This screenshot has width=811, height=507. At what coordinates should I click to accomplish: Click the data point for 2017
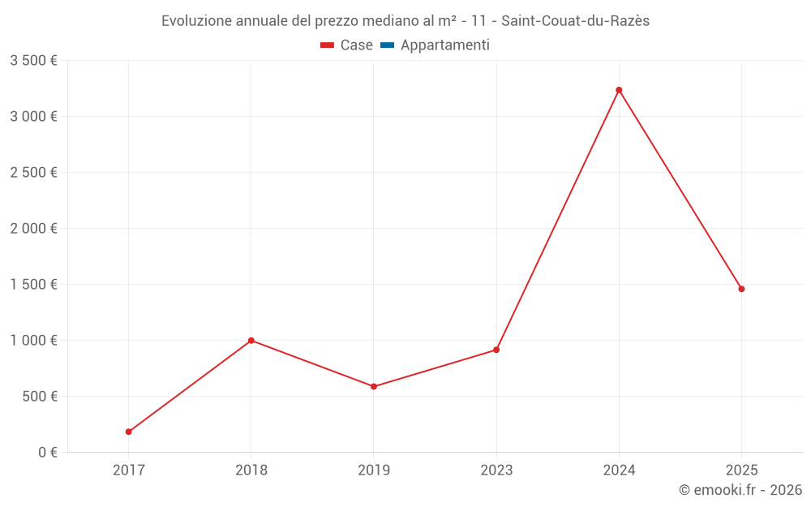coord(129,432)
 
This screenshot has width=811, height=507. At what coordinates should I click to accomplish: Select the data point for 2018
coord(251,340)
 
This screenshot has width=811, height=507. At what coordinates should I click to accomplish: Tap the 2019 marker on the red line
coord(374,386)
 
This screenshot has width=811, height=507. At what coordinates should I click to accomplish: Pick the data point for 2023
coord(496,350)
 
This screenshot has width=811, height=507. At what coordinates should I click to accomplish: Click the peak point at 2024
coord(619,90)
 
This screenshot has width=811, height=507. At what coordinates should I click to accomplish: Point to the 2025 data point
coord(741,289)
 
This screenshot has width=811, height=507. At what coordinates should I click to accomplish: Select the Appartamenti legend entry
coord(444,45)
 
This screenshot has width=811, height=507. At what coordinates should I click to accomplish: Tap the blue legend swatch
coord(387,45)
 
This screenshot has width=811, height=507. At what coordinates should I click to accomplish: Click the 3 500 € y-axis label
coord(33,61)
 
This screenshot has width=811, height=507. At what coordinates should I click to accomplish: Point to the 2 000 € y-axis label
coord(33,229)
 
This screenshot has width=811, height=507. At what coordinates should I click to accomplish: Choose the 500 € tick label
coord(40,397)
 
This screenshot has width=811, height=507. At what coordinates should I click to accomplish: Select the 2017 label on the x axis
coord(129,470)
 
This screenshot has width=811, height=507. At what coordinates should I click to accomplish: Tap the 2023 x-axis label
coord(496,470)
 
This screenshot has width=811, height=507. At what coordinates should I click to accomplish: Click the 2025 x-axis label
coord(741,470)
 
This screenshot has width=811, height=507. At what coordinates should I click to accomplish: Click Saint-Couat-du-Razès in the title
coord(575,21)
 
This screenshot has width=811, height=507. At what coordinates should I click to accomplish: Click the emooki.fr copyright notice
coord(740,490)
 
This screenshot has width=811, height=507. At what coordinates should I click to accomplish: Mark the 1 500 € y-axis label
coord(33,285)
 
